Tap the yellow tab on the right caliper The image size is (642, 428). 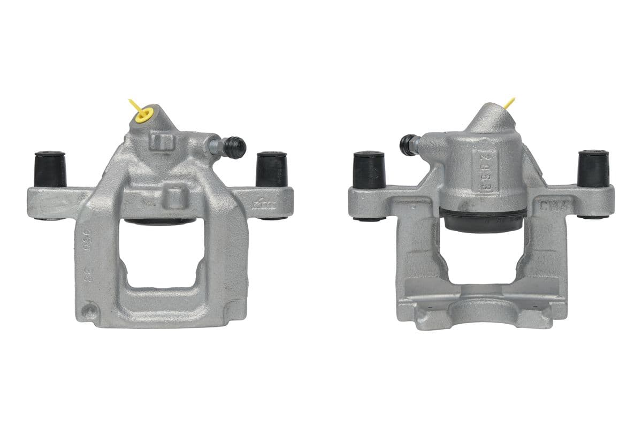pos(509,102)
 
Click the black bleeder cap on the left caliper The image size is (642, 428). pos(234,147)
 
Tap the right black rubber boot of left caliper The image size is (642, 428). pos(271,169)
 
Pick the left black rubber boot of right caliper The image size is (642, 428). pos(369,170)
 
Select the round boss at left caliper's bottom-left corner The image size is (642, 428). pos(89,310)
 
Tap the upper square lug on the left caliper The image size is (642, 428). pos(162,142)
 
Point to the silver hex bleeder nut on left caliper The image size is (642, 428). pos(215,146)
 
